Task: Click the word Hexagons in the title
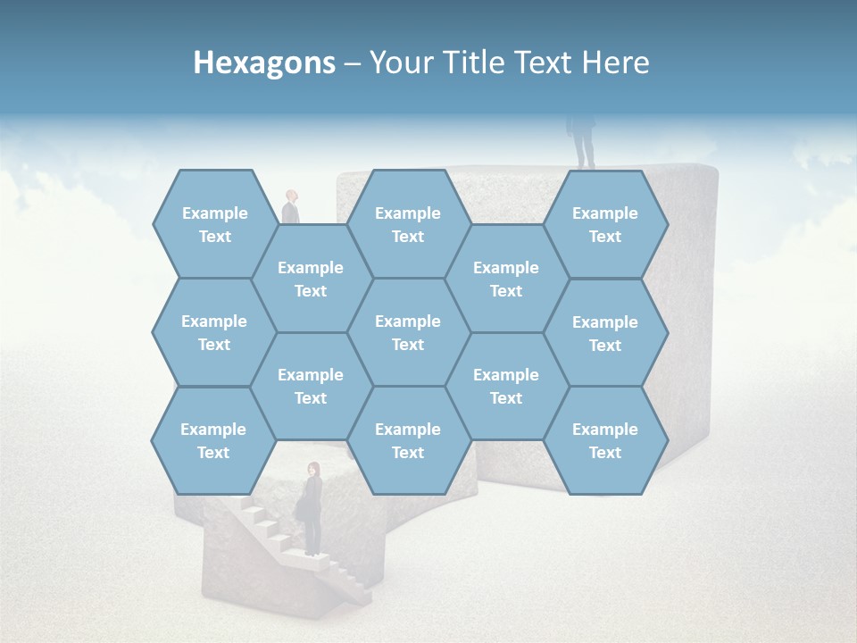click(264, 63)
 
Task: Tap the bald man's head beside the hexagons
click(291, 196)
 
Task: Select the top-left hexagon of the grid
click(214, 224)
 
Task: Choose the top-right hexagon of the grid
click(605, 224)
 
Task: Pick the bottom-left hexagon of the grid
click(213, 440)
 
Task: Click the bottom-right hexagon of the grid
click(605, 440)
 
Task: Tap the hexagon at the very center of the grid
click(408, 332)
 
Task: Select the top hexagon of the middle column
click(408, 224)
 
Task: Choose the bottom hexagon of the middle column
click(408, 440)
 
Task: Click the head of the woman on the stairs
click(313, 469)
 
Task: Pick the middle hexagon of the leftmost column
click(214, 332)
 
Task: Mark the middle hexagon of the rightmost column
click(605, 333)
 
